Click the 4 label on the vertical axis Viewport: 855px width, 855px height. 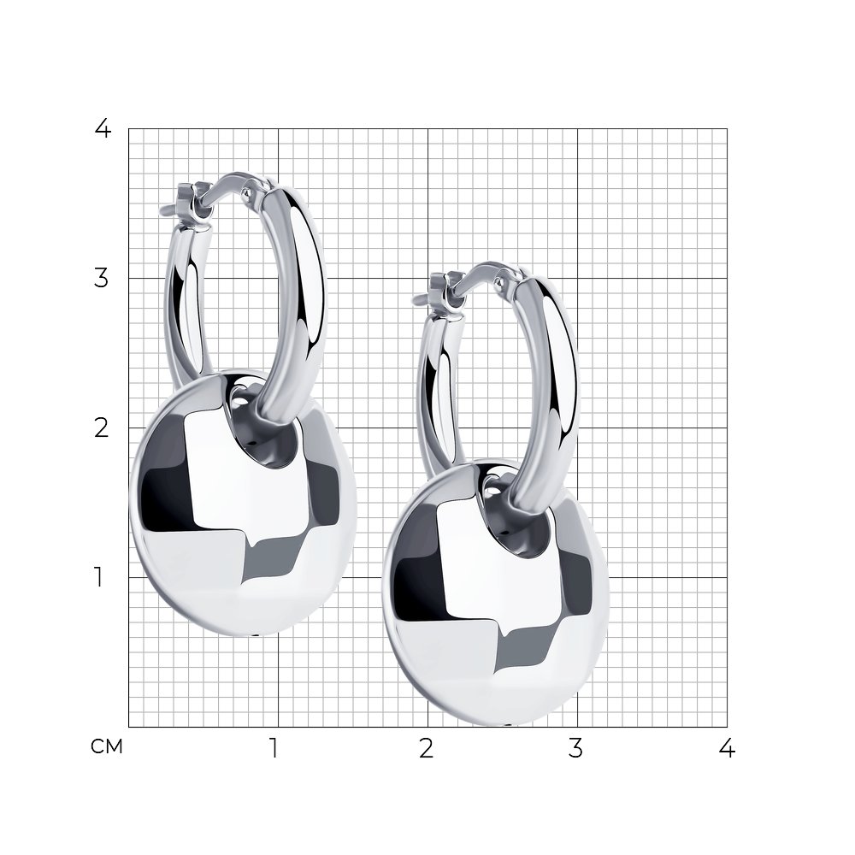click(103, 129)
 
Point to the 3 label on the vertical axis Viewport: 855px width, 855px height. click(102, 278)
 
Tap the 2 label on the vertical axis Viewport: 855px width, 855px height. click(102, 428)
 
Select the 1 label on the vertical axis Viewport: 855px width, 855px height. click(98, 577)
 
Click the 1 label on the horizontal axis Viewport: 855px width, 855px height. click(274, 748)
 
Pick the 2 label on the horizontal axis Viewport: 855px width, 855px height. click(427, 748)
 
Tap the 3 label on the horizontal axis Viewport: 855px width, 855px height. click(575, 748)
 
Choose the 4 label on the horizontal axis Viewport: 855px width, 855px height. click(727, 748)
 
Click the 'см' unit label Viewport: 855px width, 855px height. click(107, 746)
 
